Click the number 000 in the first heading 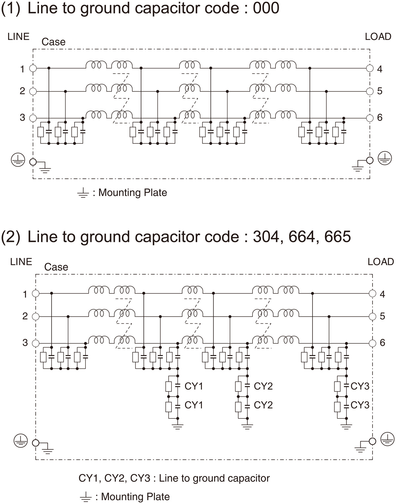tap(266, 8)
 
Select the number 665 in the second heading tap(338, 237)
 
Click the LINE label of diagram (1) tap(18, 36)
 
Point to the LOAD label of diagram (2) tap(381, 262)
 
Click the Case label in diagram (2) tap(56, 267)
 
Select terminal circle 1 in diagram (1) tap(33, 68)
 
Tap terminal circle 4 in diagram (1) tap(370, 68)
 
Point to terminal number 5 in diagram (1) tap(380, 91)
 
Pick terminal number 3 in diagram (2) tap(25, 343)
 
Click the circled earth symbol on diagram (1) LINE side tap(18, 160)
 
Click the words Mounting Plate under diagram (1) tap(133, 192)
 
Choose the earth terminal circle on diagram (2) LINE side tap(35, 443)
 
